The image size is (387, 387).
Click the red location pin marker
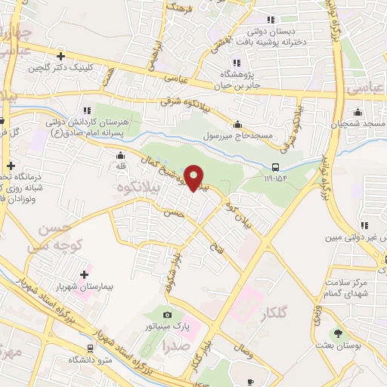pos(194,178)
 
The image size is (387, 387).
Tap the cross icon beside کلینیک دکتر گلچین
pos(60,56)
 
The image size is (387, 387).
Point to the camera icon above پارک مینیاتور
pos(167,314)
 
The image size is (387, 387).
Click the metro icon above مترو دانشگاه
pos(91,348)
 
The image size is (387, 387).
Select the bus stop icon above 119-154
pos(276,167)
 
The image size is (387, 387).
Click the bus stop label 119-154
pos(276,179)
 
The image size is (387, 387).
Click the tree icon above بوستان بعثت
pos(338,332)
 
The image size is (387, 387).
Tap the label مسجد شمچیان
pos(360,122)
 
